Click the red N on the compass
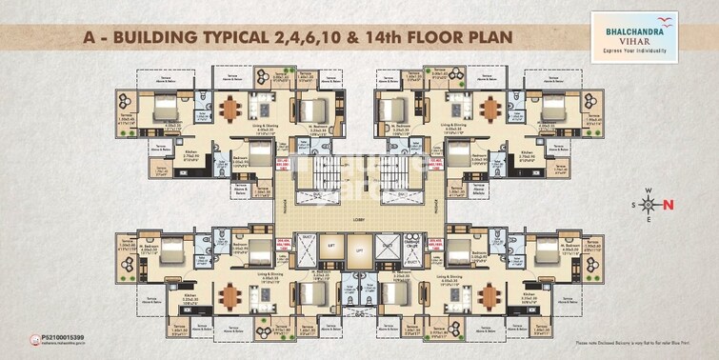pyautogui.click(x=668, y=203)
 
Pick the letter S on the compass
pyautogui.click(x=633, y=204)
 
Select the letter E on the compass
pyautogui.click(x=649, y=218)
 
